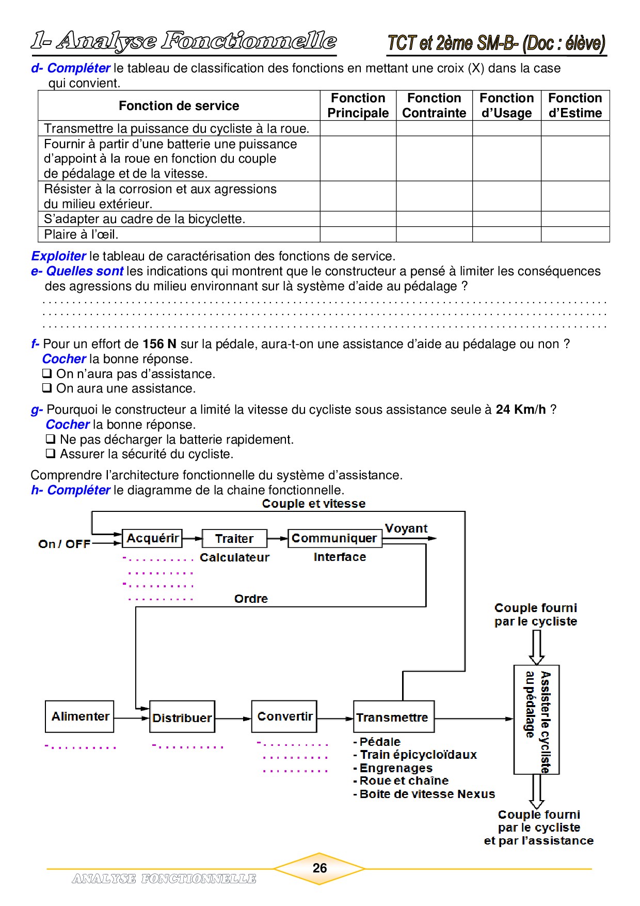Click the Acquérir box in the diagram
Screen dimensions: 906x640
click(x=152, y=538)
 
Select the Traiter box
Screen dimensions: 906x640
click(x=234, y=539)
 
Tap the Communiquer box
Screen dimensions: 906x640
click(x=334, y=538)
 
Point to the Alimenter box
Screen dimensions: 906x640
click(x=79, y=716)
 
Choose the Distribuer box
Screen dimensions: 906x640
click(x=182, y=717)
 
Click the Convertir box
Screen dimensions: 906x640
click(x=284, y=716)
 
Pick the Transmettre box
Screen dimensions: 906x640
click(x=393, y=717)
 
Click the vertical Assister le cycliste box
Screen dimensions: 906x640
click(x=537, y=720)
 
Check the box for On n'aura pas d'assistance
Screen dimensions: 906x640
click(x=47, y=373)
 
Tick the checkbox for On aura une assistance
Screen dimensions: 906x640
click(x=47, y=388)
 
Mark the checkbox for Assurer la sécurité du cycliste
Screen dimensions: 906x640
click(x=51, y=454)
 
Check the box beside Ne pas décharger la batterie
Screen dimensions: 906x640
click(x=51, y=440)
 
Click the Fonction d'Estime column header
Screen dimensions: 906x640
click(x=575, y=105)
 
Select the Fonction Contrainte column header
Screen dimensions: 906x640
click(x=434, y=105)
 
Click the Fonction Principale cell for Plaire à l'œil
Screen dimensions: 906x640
click(x=358, y=235)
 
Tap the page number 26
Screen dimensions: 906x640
click(x=319, y=868)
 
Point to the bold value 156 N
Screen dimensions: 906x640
click(x=159, y=344)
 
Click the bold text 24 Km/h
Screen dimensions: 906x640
click(x=520, y=410)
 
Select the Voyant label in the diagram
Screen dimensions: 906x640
click(x=406, y=528)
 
